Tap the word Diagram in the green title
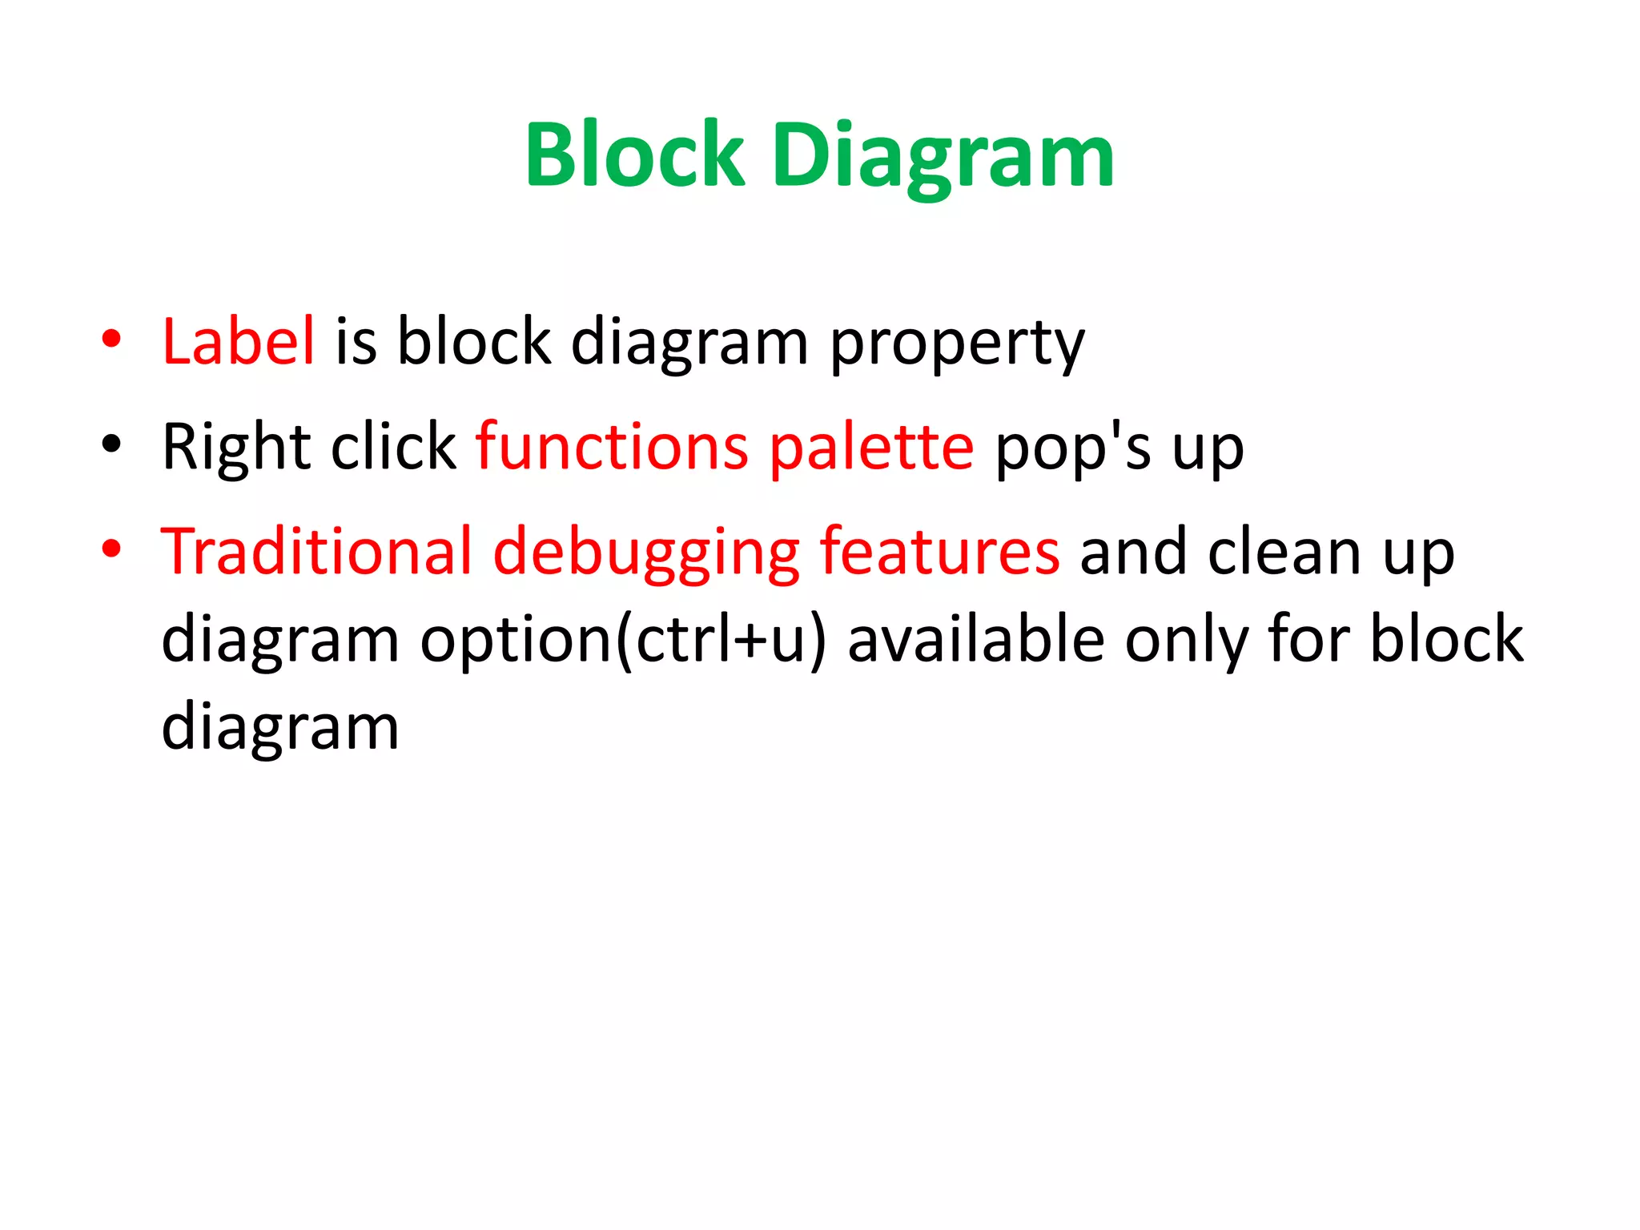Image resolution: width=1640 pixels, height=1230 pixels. (943, 156)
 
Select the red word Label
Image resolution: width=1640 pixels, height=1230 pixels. (238, 341)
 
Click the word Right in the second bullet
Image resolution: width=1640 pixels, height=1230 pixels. (235, 448)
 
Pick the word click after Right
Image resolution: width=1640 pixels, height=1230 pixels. (393, 446)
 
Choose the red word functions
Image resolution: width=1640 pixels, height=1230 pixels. (613, 446)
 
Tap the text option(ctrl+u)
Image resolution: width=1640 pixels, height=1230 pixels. (623, 640)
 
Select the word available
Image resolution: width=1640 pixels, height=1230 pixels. (976, 640)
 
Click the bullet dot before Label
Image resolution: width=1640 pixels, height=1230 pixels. (111, 339)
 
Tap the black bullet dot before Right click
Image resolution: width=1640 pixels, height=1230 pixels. (111, 444)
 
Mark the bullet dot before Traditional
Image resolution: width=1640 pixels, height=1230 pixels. (111, 549)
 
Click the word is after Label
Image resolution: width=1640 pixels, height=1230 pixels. (356, 341)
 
